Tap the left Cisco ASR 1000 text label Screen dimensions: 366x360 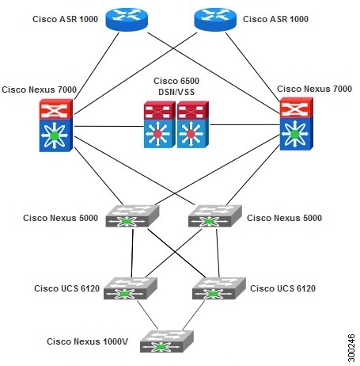(66, 17)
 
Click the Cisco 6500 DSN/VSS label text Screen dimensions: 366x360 (179, 89)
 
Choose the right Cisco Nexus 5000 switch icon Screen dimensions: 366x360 (212, 217)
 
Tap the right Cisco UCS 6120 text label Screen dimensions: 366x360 (282, 288)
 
